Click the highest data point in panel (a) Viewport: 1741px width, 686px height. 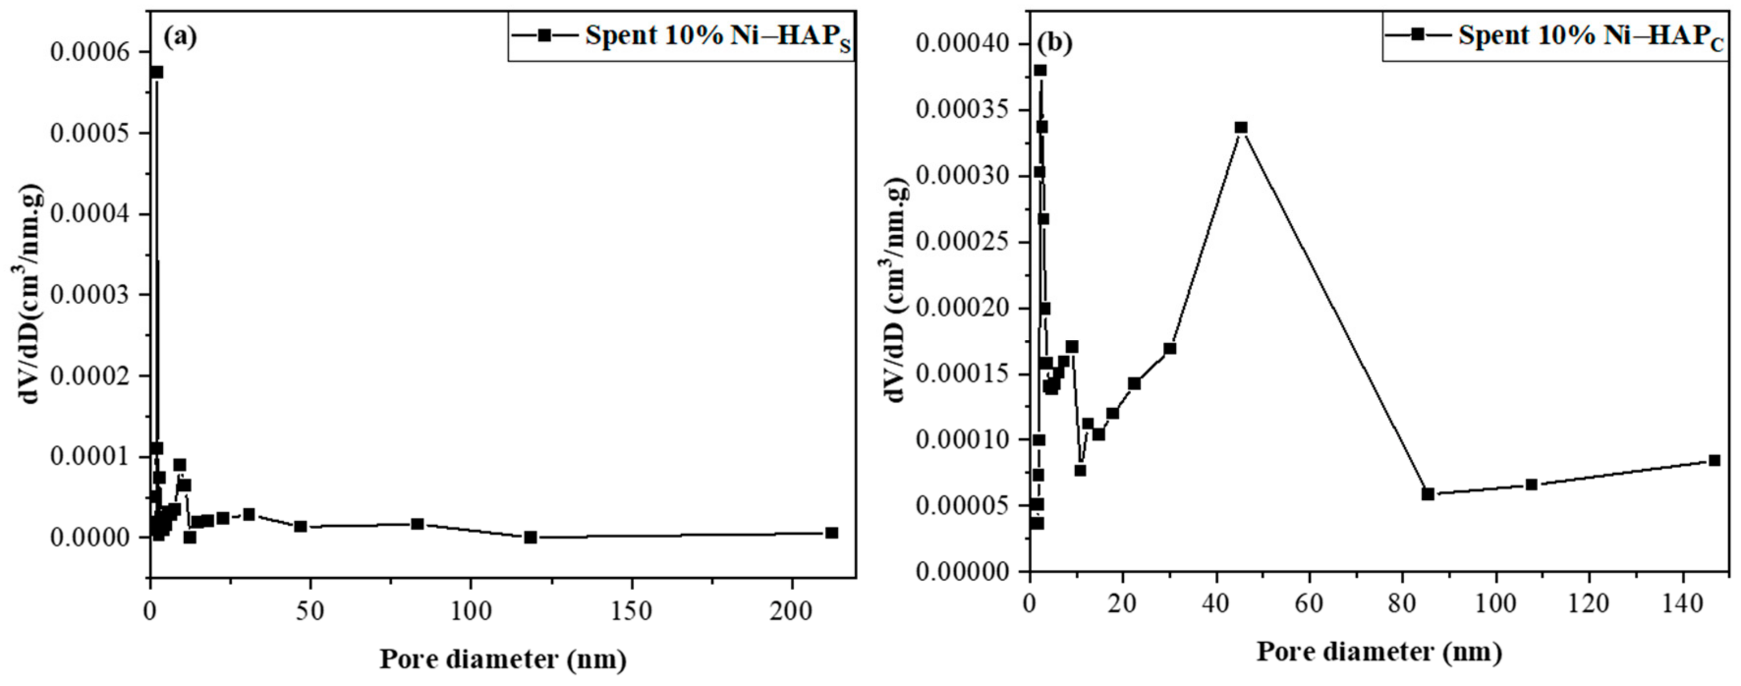(157, 72)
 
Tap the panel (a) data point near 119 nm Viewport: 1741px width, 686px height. (531, 537)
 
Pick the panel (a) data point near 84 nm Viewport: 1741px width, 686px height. (417, 524)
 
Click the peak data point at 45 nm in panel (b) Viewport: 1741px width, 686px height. (1241, 128)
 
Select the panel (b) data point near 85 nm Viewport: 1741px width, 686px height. (1428, 494)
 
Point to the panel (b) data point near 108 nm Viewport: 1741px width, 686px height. (1532, 485)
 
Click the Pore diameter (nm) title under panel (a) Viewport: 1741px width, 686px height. (503, 658)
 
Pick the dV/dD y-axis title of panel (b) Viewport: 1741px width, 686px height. (897, 290)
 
